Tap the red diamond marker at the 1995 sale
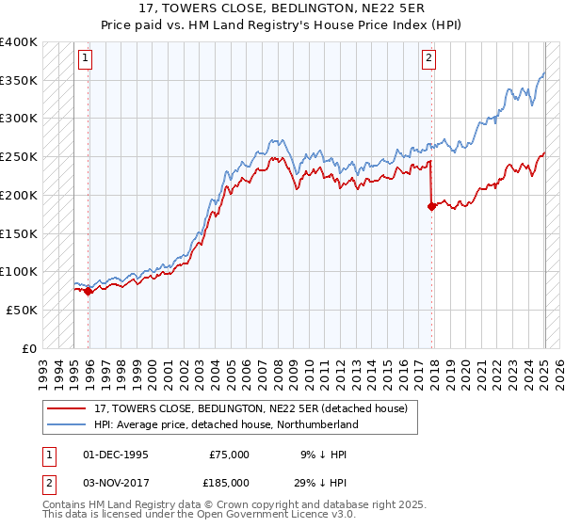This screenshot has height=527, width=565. click(x=89, y=291)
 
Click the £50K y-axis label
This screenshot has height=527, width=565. click(x=21, y=310)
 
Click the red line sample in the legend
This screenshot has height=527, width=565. click(x=68, y=408)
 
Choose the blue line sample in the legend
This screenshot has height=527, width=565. click(x=68, y=424)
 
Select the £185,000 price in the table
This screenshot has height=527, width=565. click(x=229, y=482)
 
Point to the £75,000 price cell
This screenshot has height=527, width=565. click(x=229, y=454)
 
